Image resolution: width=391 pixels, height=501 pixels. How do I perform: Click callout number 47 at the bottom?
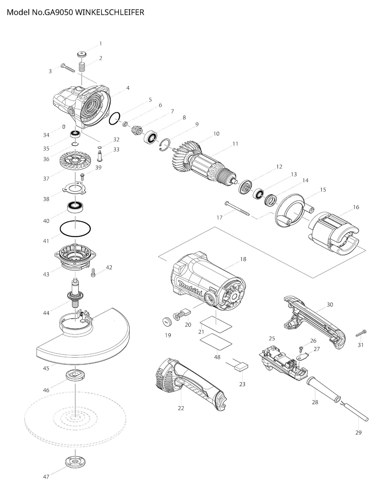[46, 484]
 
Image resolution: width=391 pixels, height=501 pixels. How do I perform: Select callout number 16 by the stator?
[356, 207]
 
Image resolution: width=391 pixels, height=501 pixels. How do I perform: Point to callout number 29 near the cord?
[358, 432]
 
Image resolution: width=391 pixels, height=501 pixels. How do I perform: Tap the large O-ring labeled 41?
[75, 229]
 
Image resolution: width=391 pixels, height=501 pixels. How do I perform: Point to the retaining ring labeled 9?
[165, 145]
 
